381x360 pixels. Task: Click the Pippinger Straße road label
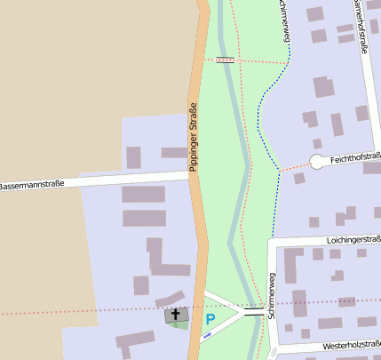tap(193, 138)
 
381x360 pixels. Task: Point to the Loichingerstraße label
tap(353, 240)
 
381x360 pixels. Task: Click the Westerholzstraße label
tap(352, 344)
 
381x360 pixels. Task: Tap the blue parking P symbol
tap(210, 318)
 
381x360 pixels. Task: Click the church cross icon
tap(175, 314)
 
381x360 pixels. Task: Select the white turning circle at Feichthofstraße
tap(317, 162)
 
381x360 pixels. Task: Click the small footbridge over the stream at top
tap(226, 60)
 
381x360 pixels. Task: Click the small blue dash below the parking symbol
tap(206, 335)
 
